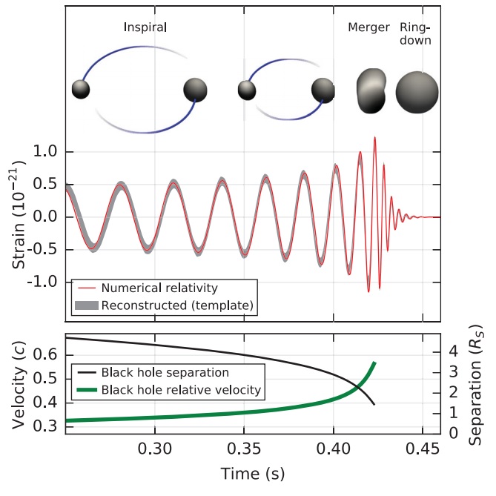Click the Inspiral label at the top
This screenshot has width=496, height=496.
[145, 28]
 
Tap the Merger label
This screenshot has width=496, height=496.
[368, 28]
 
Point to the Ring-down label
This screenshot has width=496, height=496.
[415, 34]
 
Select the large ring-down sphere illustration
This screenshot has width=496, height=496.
[417, 91]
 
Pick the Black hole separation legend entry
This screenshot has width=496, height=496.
[167, 371]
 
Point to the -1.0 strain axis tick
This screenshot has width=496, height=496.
[42, 282]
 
